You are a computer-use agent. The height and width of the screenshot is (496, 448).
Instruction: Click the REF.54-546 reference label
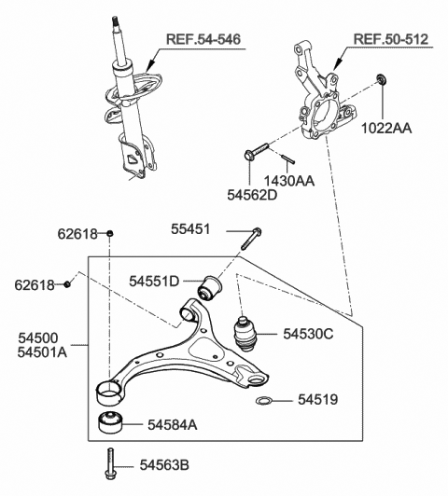203,39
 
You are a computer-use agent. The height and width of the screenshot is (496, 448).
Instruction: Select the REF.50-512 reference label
391,39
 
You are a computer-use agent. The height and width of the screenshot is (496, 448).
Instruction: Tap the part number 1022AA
386,129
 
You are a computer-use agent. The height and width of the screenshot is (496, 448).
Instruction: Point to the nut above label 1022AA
381,78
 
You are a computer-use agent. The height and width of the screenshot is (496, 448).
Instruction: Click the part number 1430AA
289,181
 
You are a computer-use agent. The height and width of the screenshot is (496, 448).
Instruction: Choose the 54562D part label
252,195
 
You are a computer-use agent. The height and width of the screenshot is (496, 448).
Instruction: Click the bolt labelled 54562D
256,151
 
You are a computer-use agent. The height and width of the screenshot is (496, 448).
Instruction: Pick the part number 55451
190,229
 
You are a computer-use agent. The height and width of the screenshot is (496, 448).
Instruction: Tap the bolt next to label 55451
251,239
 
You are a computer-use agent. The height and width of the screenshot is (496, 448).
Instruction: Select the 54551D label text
154,281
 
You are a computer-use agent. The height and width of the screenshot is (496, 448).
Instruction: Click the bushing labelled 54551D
210,288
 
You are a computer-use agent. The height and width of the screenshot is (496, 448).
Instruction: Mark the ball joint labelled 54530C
245,334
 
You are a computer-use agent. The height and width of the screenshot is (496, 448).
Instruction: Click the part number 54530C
308,334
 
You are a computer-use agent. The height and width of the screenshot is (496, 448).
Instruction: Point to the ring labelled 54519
264,401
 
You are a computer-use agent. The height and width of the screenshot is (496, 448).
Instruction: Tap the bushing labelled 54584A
110,422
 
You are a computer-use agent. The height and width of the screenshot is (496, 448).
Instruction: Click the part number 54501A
42,352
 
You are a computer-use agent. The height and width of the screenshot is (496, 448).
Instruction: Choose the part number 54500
38,338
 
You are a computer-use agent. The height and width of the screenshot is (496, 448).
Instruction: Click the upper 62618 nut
109,233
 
